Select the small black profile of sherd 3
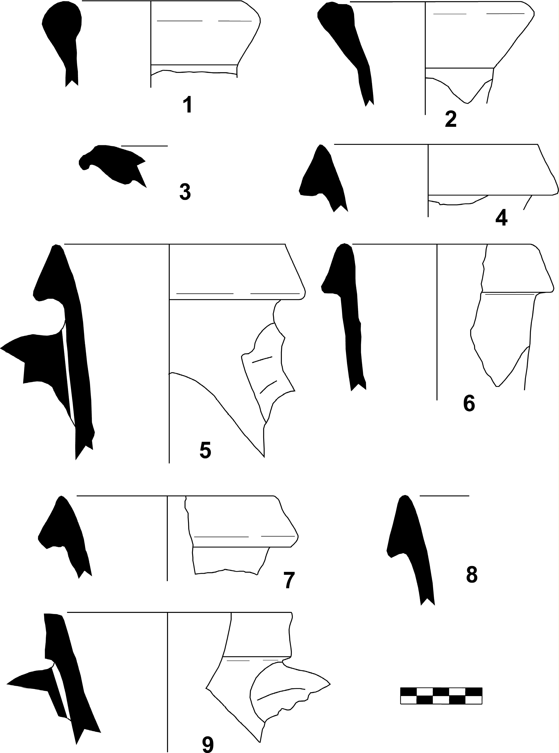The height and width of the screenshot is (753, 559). [112, 165]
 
